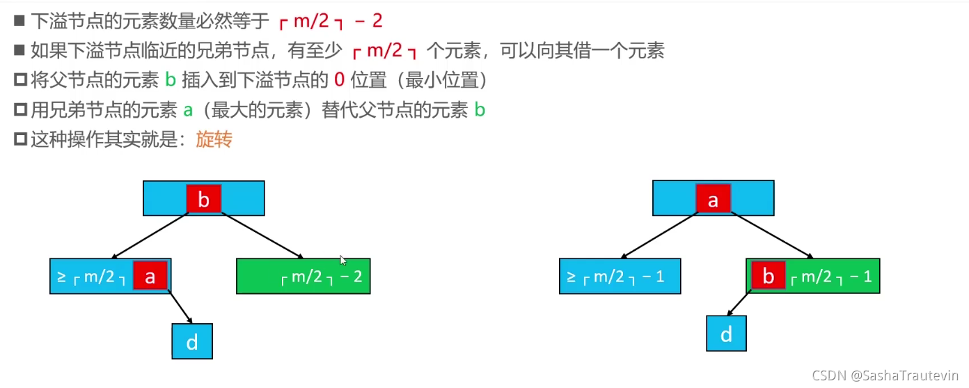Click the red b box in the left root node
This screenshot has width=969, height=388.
coord(204,199)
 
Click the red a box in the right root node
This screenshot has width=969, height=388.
coord(714,199)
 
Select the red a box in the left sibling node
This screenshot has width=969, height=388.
coord(150,275)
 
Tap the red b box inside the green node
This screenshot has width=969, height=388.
coord(769,275)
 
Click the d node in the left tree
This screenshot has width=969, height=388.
coord(192,341)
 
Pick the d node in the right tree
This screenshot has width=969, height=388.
coord(726,334)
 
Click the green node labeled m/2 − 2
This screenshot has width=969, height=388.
coord(304,277)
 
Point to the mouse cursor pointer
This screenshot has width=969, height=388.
coord(343,261)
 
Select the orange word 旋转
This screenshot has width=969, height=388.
coord(214,139)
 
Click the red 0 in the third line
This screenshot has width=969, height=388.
coord(339,80)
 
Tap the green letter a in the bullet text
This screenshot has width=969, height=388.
coord(188,111)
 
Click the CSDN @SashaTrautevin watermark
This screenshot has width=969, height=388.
coord(885,375)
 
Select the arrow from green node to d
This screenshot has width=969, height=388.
coord(739,303)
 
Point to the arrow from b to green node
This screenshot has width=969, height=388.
coord(262,235)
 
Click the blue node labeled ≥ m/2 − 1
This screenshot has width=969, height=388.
coord(620,277)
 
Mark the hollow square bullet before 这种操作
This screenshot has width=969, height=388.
coord(20,139)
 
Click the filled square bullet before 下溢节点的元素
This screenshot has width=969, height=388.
coord(19,20)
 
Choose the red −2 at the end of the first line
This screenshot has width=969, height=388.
coord(368,20)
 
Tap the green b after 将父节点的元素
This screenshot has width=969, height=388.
coord(171,80)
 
